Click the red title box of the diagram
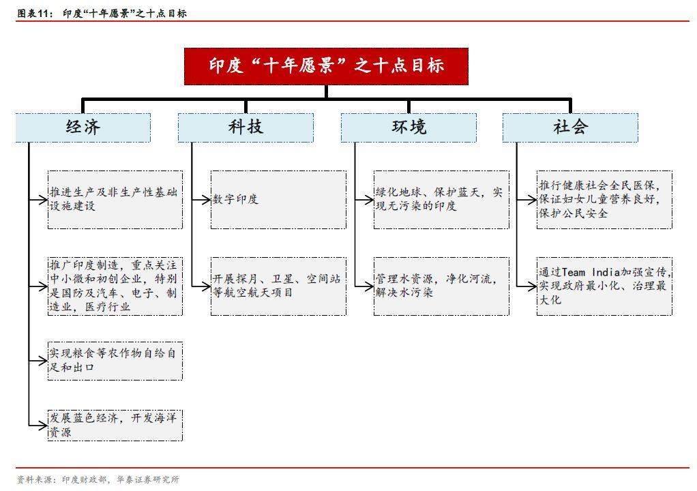(326, 66)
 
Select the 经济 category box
(83, 128)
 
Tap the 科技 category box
(246, 128)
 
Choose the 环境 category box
(409, 128)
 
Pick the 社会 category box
(570, 128)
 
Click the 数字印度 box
(278, 200)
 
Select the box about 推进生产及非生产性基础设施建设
(115, 200)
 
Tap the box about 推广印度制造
(115, 286)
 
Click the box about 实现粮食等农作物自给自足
(115, 360)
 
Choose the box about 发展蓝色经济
(115, 426)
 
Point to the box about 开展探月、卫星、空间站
(278, 286)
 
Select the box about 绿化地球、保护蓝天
(441, 200)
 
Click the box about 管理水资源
(441, 286)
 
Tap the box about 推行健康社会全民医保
(604, 200)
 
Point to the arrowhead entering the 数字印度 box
(206, 200)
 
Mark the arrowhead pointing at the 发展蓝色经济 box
(43, 426)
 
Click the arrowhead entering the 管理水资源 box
(369, 286)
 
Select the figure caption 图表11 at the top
(35, 14)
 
